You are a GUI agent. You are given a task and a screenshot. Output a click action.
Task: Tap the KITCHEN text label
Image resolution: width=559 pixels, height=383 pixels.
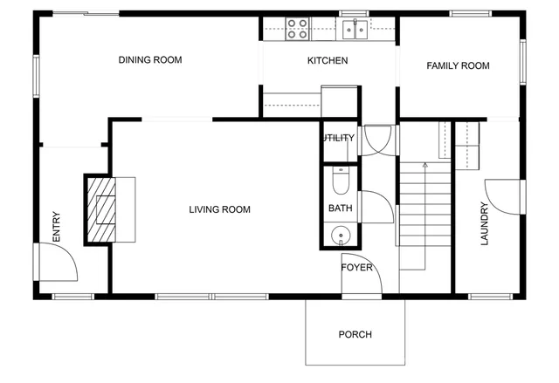[328, 61]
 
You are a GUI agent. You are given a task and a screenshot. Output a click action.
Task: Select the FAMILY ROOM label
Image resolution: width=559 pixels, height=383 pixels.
[457, 66]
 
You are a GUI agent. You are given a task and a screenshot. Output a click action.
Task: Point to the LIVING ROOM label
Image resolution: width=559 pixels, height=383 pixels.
[220, 209]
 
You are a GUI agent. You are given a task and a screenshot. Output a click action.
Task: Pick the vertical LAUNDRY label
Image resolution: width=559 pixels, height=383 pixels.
[484, 224]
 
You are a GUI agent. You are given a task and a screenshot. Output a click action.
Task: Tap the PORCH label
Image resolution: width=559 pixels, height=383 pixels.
[355, 335]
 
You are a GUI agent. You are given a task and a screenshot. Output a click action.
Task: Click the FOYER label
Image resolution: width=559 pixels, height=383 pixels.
[356, 268]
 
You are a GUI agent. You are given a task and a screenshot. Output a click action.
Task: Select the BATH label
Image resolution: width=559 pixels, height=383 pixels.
[340, 209]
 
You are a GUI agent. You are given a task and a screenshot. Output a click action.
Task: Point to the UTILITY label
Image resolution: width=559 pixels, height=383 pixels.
[338, 138]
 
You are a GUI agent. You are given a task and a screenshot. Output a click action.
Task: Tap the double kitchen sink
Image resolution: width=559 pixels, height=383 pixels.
[355, 30]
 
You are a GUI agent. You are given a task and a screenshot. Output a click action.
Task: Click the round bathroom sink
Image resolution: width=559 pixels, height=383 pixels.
[340, 235]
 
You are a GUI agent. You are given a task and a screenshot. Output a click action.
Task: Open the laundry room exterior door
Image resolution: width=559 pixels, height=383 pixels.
[504, 195]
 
